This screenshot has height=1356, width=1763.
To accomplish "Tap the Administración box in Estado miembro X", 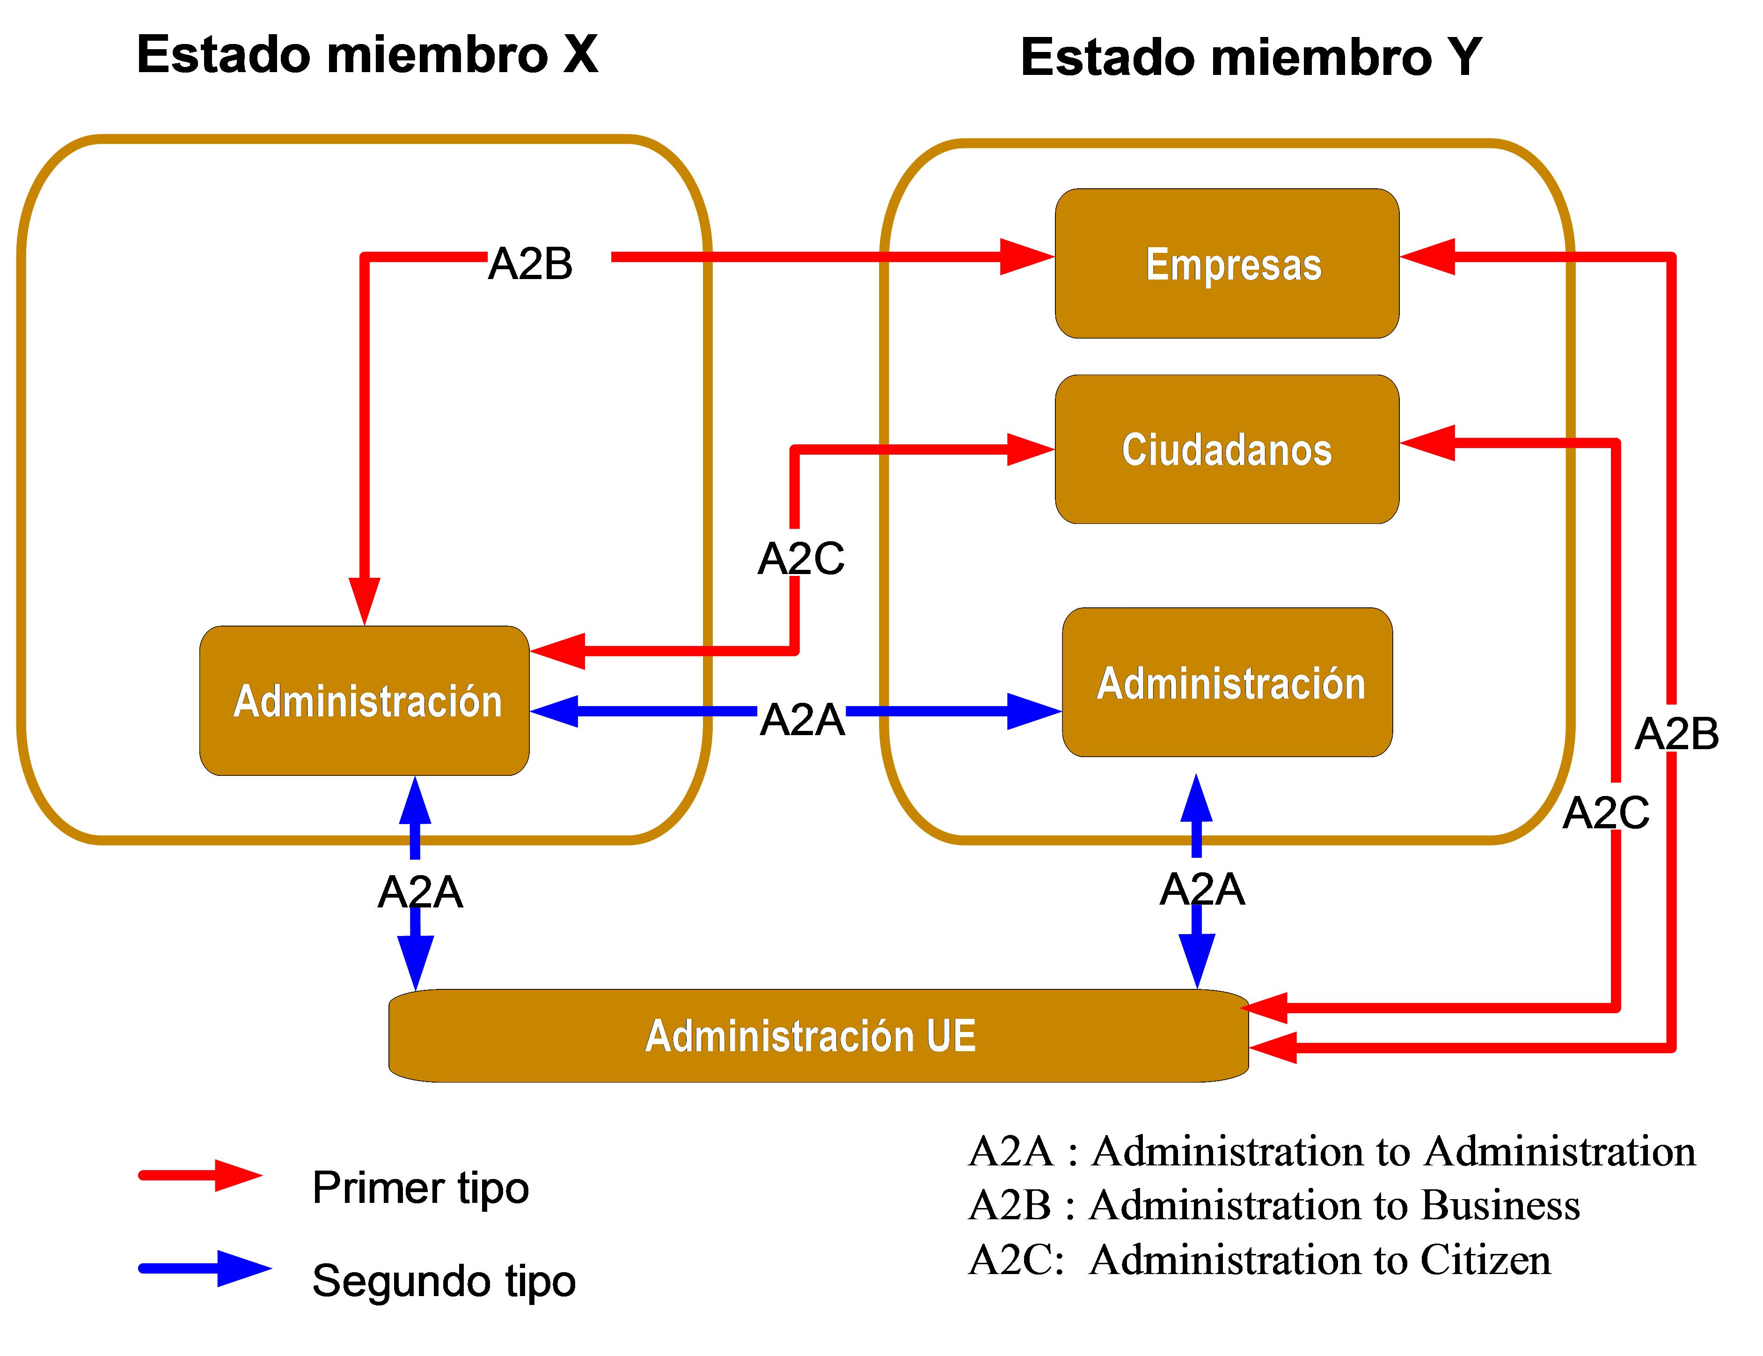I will (365, 700).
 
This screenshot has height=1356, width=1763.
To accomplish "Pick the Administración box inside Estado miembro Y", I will (1227, 682).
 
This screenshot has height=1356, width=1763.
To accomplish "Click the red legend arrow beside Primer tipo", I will (202, 1175).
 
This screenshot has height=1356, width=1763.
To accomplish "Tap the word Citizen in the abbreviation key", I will (1485, 1260).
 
